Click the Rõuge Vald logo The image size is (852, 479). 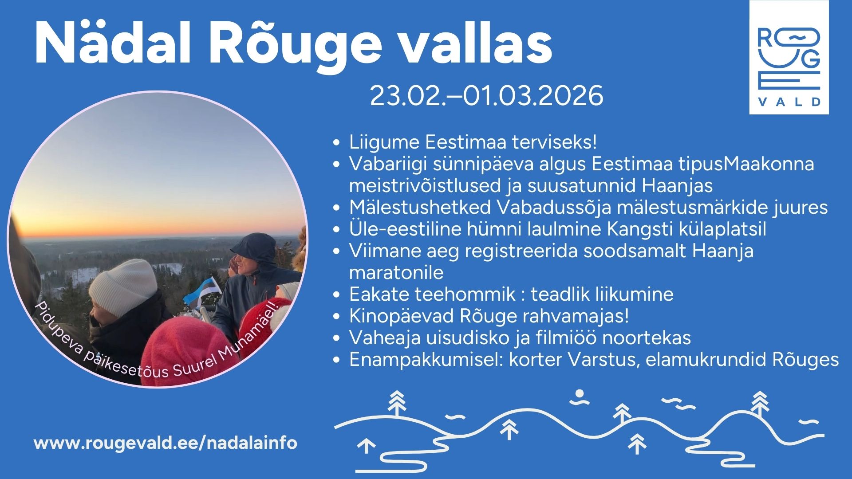click(789, 57)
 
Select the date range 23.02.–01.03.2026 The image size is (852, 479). click(486, 95)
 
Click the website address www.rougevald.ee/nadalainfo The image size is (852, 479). click(166, 443)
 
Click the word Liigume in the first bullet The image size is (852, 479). click(384, 143)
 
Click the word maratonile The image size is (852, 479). click(396, 273)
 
